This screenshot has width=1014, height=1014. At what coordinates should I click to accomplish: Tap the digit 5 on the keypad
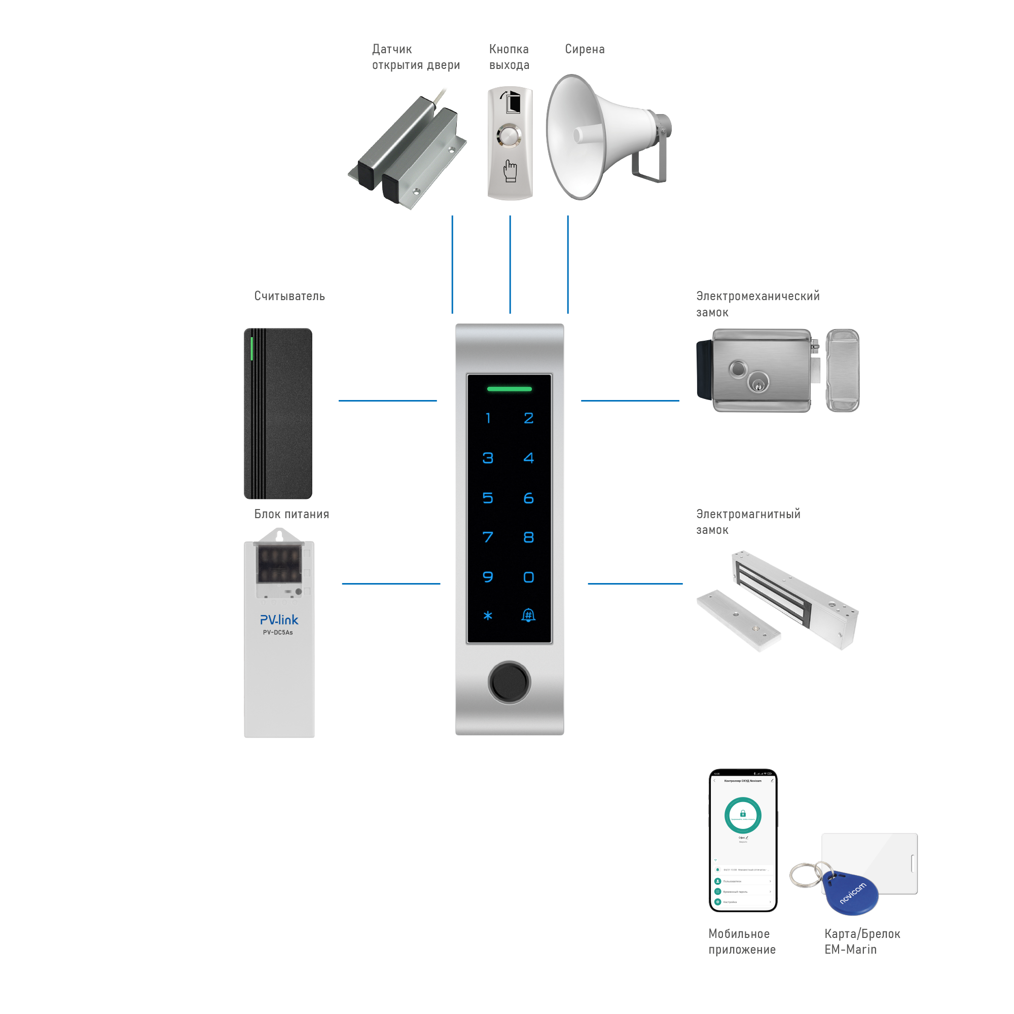tap(488, 497)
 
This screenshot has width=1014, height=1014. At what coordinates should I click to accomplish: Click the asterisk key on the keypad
tap(488, 615)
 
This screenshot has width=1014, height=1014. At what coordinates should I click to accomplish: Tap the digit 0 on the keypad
tap(528, 577)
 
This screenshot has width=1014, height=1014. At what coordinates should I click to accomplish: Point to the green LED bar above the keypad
tap(509, 389)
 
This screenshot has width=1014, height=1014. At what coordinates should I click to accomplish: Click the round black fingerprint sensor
tap(509, 682)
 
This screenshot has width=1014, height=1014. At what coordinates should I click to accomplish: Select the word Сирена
tap(585, 49)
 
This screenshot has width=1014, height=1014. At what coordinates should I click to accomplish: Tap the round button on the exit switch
tap(509, 135)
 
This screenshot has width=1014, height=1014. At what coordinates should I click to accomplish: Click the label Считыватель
tap(289, 296)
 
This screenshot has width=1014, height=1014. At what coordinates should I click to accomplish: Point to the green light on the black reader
tap(252, 348)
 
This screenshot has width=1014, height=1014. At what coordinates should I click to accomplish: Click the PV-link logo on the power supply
tap(279, 620)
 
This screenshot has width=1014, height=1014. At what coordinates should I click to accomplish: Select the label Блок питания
tap(292, 514)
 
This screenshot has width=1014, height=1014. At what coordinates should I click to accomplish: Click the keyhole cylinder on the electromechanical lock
tap(757, 382)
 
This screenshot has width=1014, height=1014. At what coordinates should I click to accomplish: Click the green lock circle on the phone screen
tap(743, 815)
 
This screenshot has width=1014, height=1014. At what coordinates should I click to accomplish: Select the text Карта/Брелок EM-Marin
tap(862, 941)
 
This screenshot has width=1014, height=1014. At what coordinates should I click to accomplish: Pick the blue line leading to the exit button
tap(510, 265)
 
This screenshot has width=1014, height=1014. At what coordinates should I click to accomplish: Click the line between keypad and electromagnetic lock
tap(635, 583)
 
